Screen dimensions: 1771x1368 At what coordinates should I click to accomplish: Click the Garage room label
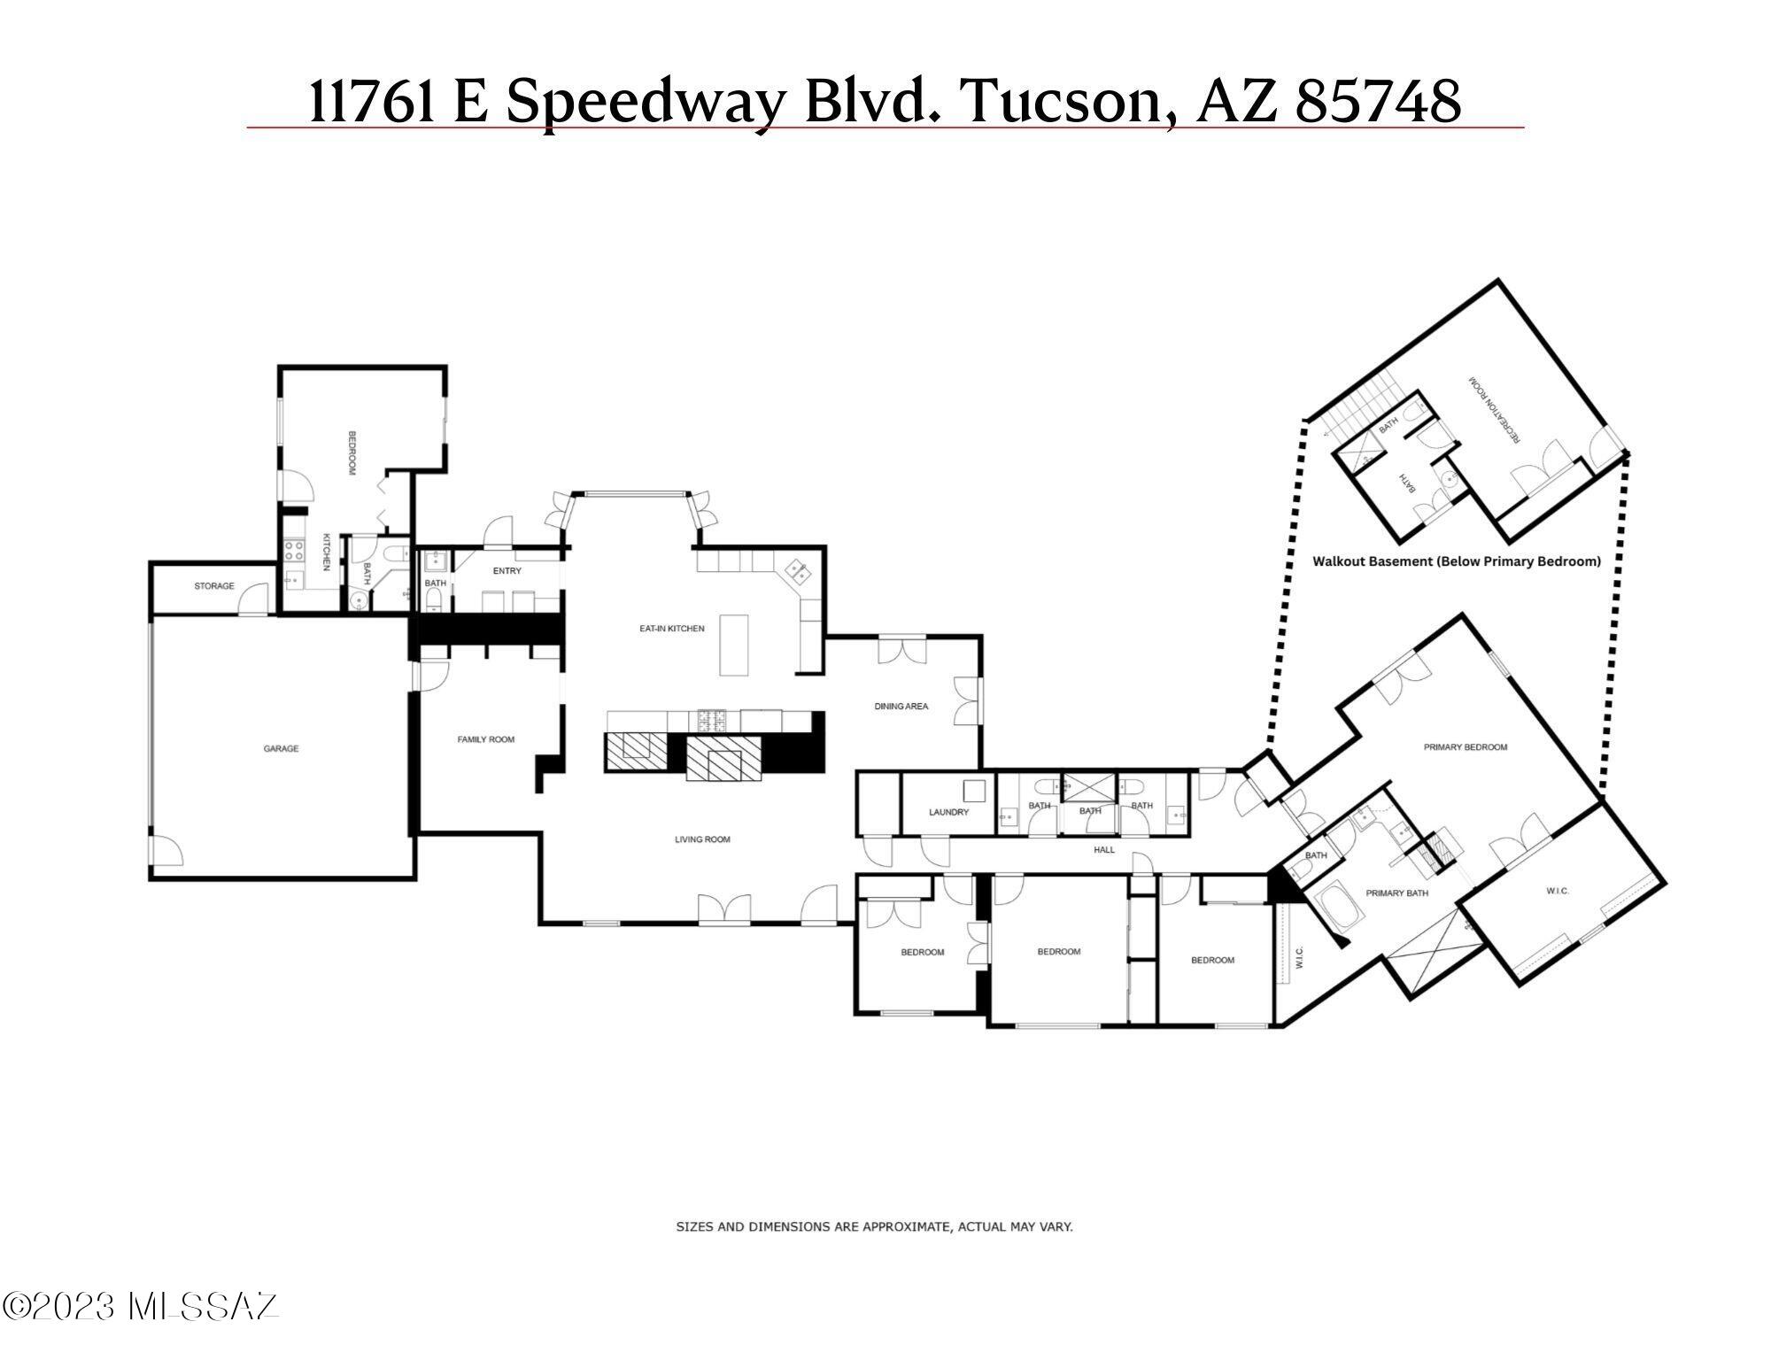pos(281,749)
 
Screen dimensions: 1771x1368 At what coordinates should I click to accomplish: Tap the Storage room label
pos(214,586)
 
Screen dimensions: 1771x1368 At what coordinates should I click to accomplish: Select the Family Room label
pos(485,739)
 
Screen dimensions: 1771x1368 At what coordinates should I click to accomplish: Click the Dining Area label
pos(901,707)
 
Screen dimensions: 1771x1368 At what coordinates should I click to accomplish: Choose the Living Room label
pos(702,839)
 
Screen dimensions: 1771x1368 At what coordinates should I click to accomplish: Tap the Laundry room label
pos(948,812)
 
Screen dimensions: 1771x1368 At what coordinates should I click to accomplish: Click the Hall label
pos(1104,850)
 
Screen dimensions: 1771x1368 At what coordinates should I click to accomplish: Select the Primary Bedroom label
pos(1466,747)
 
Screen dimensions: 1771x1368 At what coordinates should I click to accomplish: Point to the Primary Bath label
pos(1397,893)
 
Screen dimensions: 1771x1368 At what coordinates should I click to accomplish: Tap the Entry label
pos(507,571)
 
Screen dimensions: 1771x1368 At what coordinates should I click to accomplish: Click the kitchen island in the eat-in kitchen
pos(733,645)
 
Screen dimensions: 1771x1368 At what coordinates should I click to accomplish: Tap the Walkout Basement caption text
pos(1456,561)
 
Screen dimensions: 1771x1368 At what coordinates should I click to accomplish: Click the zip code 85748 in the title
pos(1378,102)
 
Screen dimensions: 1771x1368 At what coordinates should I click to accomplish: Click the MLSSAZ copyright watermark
pos(140,1307)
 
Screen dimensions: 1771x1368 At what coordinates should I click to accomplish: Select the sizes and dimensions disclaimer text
pos(874,1227)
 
